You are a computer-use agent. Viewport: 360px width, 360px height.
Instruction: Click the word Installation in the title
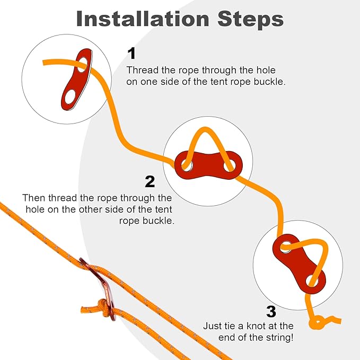click(143, 19)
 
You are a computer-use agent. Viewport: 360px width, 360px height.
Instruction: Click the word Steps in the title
click(250, 19)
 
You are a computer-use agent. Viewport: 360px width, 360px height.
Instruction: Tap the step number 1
click(132, 53)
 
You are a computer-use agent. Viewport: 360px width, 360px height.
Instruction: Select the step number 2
click(150, 181)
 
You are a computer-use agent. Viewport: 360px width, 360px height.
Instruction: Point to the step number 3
click(271, 312)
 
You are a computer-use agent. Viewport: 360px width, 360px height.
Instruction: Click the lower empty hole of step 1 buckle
click(69, 97)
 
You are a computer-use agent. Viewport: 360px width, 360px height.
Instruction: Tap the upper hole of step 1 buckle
click(83, 65)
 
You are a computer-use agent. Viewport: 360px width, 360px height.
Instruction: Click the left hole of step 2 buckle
click(187, 165)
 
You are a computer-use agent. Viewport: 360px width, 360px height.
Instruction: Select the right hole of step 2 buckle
click(230, 165)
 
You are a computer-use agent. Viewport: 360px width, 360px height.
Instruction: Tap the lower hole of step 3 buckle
click(312, 280)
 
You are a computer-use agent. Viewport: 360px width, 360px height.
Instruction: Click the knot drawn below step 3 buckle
click(317, 322)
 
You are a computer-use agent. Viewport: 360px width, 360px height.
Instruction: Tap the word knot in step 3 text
click(258, 326)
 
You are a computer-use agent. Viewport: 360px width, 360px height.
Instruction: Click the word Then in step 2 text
click(34, 198)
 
